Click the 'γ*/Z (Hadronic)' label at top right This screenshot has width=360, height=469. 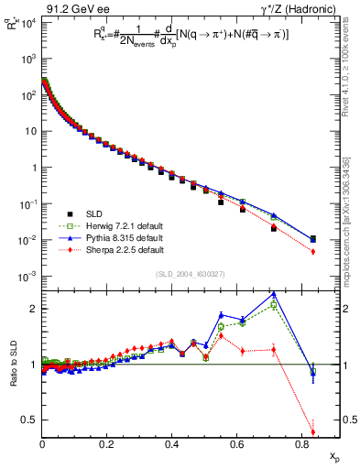(x=300, y=8)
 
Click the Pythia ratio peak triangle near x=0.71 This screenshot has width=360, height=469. (x=274, y=294)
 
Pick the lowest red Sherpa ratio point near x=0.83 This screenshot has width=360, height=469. (x=313, y=432)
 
